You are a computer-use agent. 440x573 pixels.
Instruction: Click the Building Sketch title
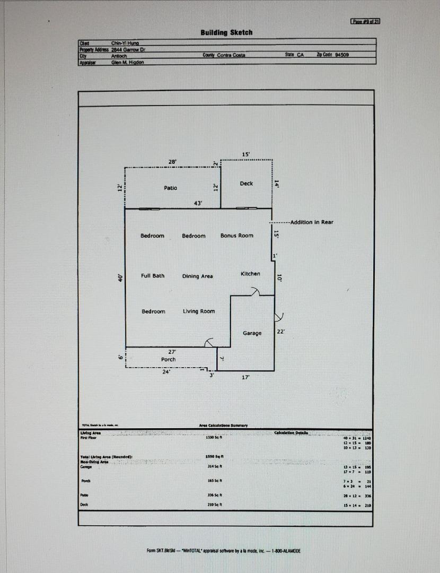[x=226, y=32]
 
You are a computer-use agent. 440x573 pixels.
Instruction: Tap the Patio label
[x=171, y=188]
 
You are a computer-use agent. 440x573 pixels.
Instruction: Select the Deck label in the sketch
[x=247, y=184]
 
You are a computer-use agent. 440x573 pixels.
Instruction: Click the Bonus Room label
[x=237, y=236]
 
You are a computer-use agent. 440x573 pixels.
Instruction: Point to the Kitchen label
[x=250, y=274]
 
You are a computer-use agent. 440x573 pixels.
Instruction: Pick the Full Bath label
[x=153, y=276]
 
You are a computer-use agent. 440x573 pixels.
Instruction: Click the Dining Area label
[x=198, y=276]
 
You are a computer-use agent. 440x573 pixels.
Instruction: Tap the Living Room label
[x=199, y=311]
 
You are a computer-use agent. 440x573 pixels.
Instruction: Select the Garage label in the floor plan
[x=252, y=333]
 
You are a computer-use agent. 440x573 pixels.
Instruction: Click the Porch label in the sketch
[x=169, y=359]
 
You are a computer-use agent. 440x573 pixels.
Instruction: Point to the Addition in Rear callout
[x=312, y=222]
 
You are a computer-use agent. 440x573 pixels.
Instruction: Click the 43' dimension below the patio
[x=198, y=203]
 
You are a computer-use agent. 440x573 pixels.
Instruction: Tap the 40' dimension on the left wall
[x=120, y=277]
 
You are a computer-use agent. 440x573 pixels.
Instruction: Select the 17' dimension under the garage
[x=245, y=377]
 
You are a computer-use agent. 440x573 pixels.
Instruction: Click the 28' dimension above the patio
[x=172, y=161]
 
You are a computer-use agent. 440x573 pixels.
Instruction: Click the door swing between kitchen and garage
[x=254, y=291]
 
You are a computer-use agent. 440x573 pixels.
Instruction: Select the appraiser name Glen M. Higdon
[x=127, y=62]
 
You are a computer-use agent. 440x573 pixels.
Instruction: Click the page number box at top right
[x=366, y=21]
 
